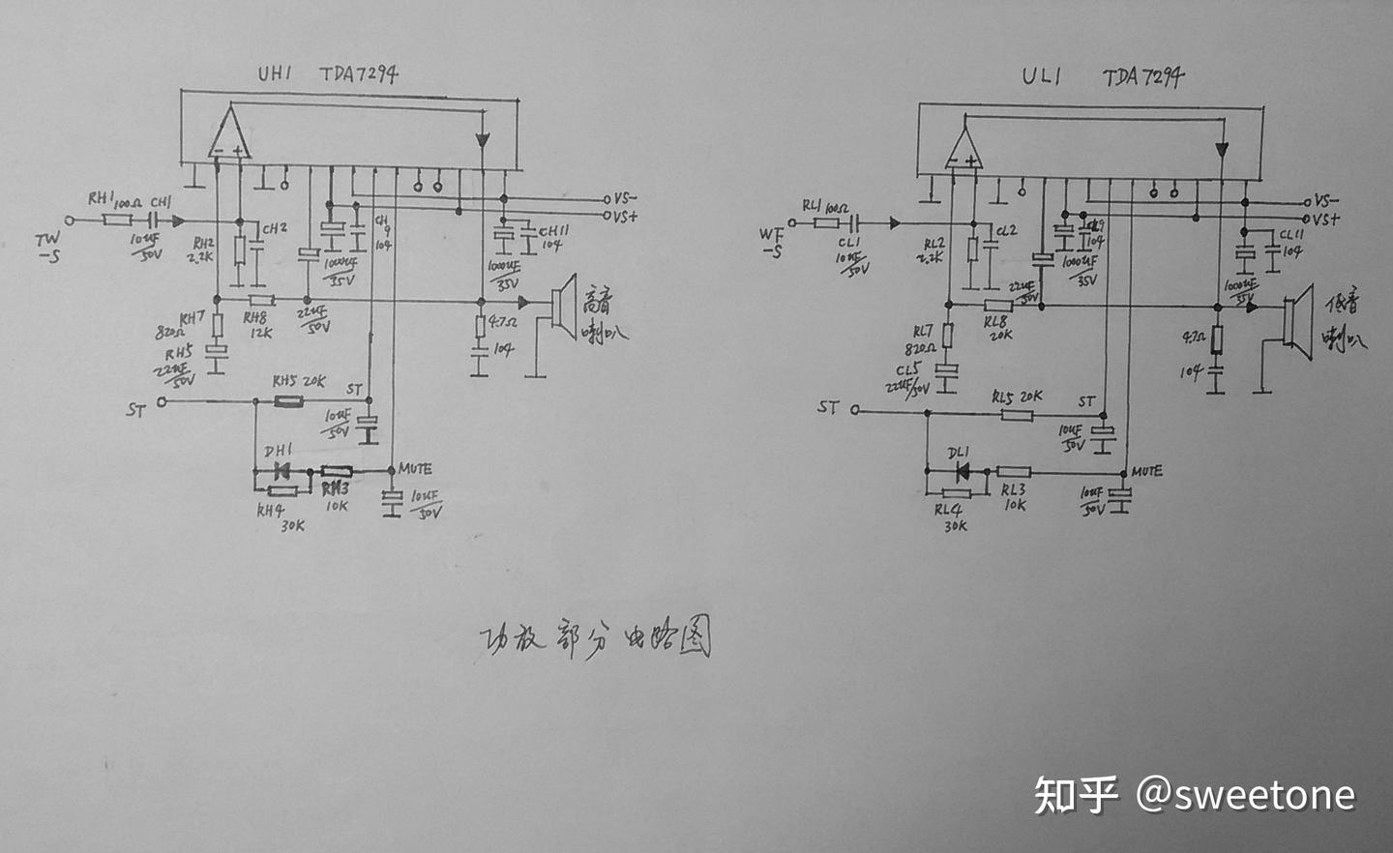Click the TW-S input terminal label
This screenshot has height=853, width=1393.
point(47,246)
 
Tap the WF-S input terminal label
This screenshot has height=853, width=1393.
point(771,242)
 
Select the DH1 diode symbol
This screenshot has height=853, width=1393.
point(282,471)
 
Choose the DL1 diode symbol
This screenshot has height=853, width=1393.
point(962,472)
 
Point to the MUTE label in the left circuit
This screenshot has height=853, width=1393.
point(415,469)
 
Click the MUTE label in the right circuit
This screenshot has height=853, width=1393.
point(1146,471)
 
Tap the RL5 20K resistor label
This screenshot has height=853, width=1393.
point(1017,397)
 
